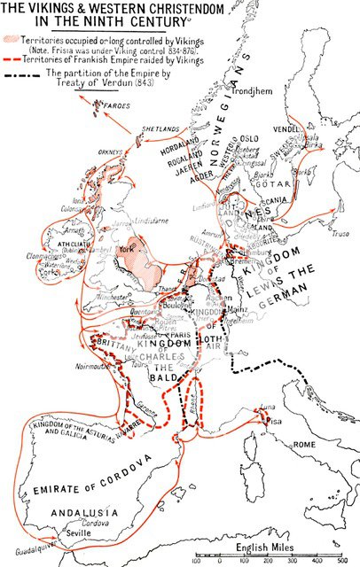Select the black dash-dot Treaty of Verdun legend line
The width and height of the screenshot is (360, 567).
(x=35, y=74)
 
